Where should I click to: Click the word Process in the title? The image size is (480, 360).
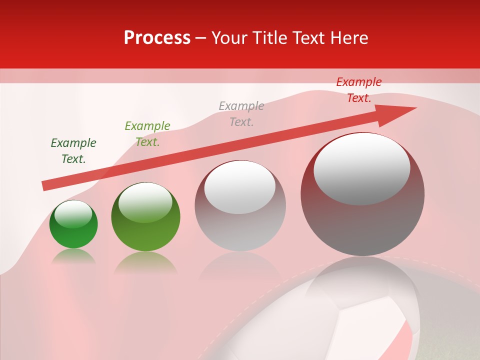point(157,37)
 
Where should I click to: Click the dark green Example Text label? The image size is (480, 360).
point(73,151)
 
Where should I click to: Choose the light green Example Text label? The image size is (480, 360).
point(147,134)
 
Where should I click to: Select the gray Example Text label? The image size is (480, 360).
point(241,114)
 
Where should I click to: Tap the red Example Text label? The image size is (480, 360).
point(359,90)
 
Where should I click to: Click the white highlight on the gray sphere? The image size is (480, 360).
point(240,186)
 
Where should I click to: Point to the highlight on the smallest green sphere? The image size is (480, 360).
point(73,214)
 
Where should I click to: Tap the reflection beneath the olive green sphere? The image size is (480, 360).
point(145,262)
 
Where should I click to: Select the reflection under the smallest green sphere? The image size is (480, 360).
point(73,256)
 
